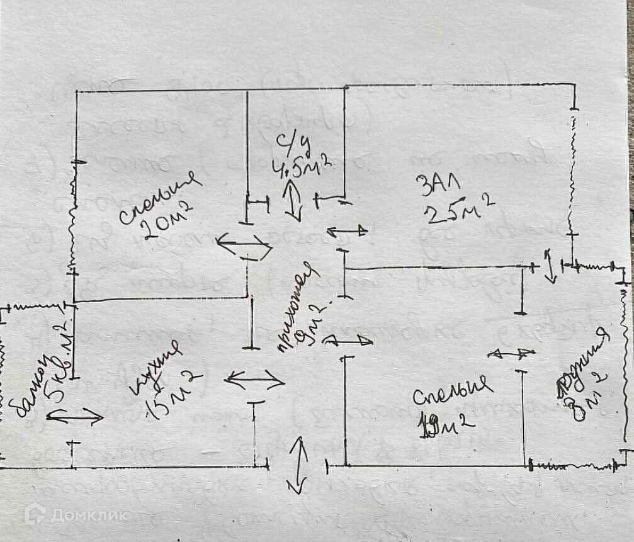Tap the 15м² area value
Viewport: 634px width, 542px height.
(x=173, y=395)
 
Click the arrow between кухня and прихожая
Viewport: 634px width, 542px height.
(x=255, y=380)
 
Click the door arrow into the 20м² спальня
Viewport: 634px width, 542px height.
(x=244, y=245)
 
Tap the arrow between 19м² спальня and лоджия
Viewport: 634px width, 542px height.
(x=512, y=354)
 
